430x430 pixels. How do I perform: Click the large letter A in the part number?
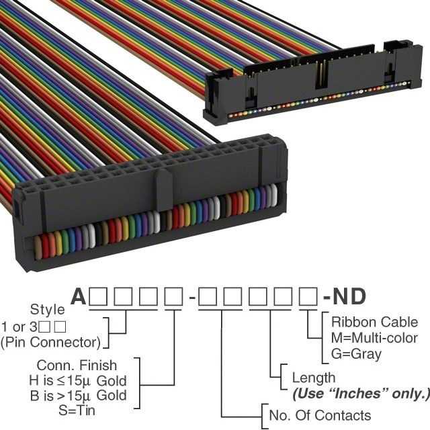(79, 297)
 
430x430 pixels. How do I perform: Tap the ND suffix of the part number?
(349, 297)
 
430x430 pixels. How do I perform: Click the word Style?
(48, 310)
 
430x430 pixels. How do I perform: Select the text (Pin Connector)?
(50, 342)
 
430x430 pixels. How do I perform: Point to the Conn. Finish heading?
(77, 365)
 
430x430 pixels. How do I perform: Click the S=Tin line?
(77, 411)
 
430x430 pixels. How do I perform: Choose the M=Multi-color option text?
(374, 338)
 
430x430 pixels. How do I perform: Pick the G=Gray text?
(356, 354)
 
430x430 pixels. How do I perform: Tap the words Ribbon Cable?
(375, 322)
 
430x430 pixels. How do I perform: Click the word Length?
(314, 378)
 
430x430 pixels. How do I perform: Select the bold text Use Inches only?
(361, 394)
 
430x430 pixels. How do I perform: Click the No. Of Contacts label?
(320, 415)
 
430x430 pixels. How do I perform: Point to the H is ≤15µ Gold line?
(78, 381)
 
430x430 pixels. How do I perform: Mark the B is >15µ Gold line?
(79, 396)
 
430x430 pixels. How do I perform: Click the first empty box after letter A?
(98, 297)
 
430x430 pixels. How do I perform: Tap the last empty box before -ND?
(308, 297)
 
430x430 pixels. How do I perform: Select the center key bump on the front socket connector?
(165, 187)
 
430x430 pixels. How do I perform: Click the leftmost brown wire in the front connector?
(38, 249)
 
